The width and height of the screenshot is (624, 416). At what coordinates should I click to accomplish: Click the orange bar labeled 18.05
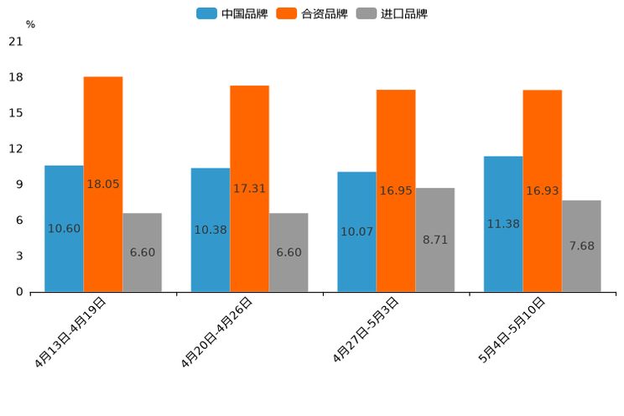(x=103, y=134)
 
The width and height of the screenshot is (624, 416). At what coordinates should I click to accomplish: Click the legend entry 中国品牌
(x=232, y=13)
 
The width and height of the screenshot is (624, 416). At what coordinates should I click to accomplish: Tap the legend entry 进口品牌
(x=393, y=13)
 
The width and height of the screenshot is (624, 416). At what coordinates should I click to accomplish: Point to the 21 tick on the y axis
(x=15, y=42)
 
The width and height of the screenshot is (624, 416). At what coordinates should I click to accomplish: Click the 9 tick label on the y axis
(x=18, y=185)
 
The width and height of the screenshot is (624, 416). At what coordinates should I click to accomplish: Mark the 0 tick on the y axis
(x=18, y=292)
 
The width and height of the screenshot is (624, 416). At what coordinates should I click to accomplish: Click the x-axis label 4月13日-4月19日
(x=70, y=332)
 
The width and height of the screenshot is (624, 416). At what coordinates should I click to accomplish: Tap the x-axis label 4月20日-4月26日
(x=217, y=332)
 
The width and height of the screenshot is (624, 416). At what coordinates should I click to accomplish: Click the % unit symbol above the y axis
(x=30, y=24)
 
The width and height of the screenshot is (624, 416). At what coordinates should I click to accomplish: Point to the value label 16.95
(x=396, y=191)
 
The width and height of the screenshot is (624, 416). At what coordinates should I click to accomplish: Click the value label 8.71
(x=435, y=240)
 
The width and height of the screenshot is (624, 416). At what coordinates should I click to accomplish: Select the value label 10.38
(x=211, y=230)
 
